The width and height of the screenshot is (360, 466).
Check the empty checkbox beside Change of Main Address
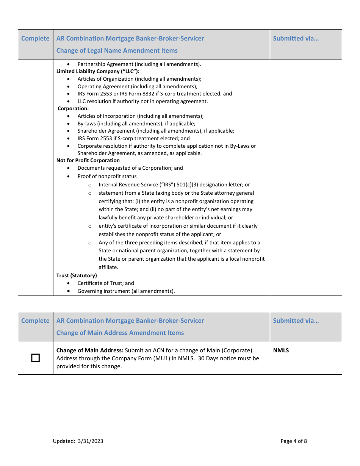(x=35, y=358)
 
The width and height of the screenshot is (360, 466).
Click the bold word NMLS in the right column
(x=281, y=350)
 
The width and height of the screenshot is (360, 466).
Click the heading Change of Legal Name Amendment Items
(x=117, y=50)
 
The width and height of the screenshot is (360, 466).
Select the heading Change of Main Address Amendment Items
(x=120, y=333)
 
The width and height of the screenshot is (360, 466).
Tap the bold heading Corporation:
(x=73, y=108)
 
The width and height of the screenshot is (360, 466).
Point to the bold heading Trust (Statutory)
(x=77, y=275)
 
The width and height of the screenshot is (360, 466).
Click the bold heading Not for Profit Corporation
(x=88, y=160)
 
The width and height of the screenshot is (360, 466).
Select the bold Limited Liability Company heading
(x=98, y=71)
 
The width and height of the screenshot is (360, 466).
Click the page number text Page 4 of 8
(x=294, y=441)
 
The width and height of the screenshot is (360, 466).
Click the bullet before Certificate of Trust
(x=68, y=283)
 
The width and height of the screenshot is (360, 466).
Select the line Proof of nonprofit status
(x=107, y=176)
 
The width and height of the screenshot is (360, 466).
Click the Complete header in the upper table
(x=35, y=38)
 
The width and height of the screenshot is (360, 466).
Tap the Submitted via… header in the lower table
(x=296, y=321)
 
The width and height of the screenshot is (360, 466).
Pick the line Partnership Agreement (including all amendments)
(x=139, y=64)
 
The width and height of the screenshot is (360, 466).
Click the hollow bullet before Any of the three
(x=90, y=243)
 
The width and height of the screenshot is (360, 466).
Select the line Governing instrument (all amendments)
(x=126, y=291)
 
